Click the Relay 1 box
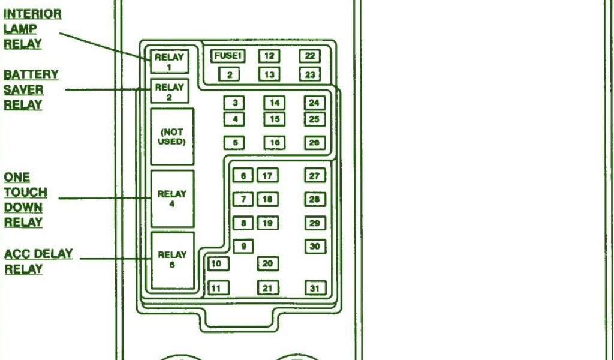coord(169,62)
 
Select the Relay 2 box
coord(170,91)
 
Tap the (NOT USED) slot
coord(172,137)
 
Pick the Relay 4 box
coord(172,199)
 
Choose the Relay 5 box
coord(172,259)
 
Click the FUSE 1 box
coord(228,56)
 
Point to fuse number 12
coord(269,56)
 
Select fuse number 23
coord(309,74)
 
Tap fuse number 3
coord(234,103)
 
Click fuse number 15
coord(274,119)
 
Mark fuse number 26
coord(314,143)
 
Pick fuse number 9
coord(243,246)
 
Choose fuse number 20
coord(268,263)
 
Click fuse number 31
coord(315,288)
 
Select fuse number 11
coord(217,288)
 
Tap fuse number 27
coord(315,176)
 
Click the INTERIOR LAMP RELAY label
coord(32,29)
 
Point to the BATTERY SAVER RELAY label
coord(31,90)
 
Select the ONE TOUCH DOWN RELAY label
coord(25,200)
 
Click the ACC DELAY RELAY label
coord(38,261)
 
